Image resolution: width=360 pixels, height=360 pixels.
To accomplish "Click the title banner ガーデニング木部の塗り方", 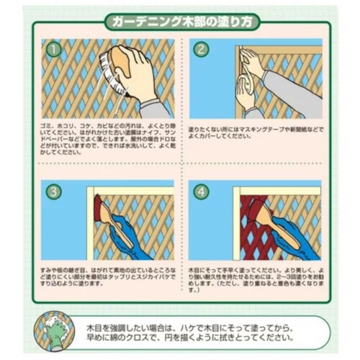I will point(179,21).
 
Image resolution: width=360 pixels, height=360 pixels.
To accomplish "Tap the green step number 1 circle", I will point(52,50).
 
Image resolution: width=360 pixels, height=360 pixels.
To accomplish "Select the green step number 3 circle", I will point(53,192).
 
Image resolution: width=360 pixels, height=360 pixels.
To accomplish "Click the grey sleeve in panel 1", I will point(156,107).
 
